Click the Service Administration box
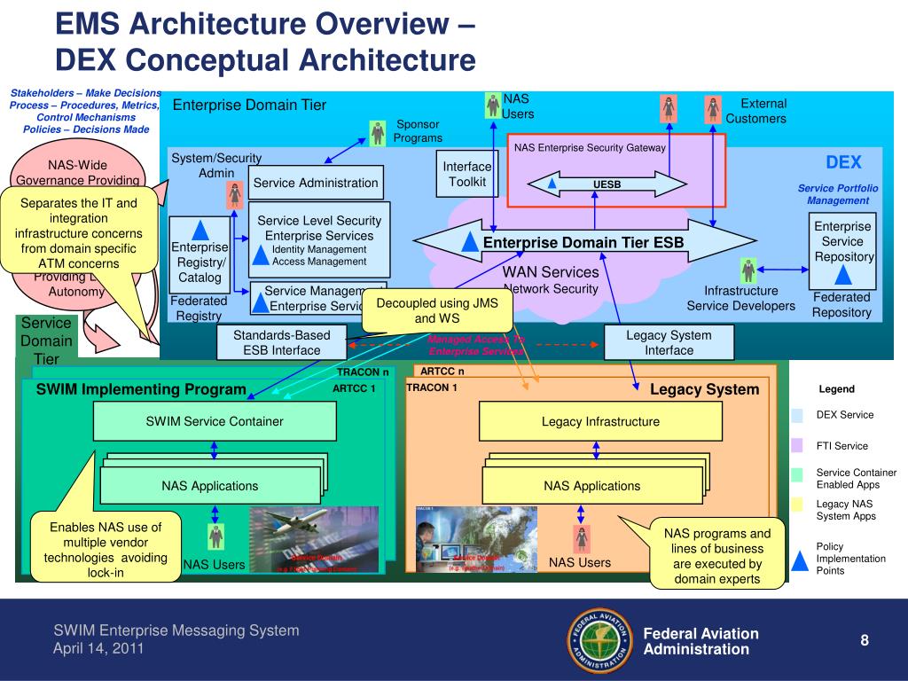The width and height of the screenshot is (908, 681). click(x=316, y=183)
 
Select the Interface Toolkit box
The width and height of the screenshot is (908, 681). click(x=467, y=175)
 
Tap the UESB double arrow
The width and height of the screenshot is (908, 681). click(x=607, y=184)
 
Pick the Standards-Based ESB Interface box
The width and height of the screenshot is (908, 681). click(x=283, y=342)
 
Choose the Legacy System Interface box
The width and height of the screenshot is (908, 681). click(x=669, y=342)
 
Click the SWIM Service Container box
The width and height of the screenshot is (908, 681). click(x=215, y=421)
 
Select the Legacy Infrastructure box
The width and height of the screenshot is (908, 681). click(x=600, y=421)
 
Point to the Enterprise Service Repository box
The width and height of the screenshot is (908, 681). click(x=842, y=241)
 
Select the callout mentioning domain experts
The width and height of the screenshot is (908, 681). click(x=718, y=555)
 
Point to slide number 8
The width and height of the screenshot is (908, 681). click(x=864, y=640)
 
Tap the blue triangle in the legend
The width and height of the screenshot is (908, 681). click(x=800, y=560)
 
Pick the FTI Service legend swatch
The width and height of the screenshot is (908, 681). click(x=797, y=446)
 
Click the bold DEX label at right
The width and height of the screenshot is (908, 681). click(x=843, y=162)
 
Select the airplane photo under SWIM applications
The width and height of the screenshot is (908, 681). click(x=314, y=539)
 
